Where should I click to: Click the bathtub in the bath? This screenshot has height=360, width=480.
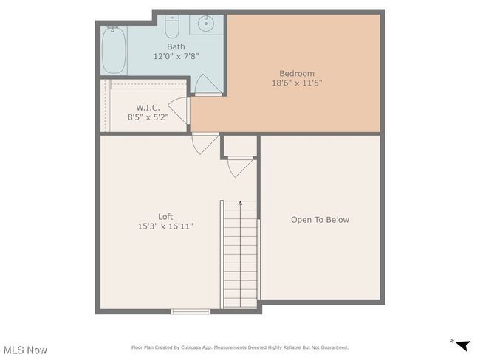(114, 50)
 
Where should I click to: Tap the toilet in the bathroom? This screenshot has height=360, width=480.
(172, 27)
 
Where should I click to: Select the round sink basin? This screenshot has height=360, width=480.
(206, 23)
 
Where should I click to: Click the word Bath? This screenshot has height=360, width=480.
(176, 46)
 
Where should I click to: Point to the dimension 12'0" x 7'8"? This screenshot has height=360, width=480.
(176, 56)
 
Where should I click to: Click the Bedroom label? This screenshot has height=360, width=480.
(297, 74)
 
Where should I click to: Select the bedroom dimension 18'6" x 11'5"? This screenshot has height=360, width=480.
(297, 83)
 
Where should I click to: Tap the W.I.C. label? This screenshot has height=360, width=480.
(148, 108)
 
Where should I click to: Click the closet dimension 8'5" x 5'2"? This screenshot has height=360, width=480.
(148, 117)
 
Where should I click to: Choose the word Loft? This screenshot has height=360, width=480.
(165, 217)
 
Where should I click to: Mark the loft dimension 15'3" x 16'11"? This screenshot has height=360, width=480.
(165, 226)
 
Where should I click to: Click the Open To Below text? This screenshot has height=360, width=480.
(320, 220)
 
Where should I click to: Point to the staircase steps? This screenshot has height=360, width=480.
(240, 255)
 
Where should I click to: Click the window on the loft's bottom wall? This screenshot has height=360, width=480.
(191, 311)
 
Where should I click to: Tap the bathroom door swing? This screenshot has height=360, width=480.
(208, 85)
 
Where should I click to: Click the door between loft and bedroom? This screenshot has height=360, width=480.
(205, 144)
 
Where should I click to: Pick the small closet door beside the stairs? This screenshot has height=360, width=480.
(240, 167)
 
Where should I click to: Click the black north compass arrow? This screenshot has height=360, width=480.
(462, 345)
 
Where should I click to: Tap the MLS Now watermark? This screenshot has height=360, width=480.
(25, 350)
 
